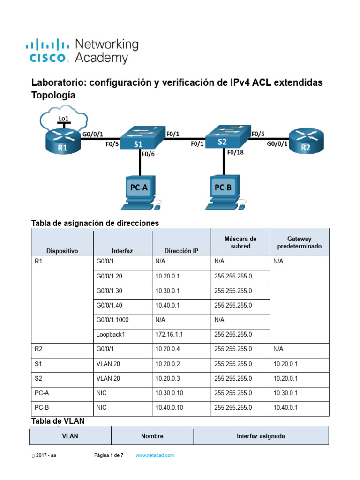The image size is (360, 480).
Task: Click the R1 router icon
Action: point(63,142)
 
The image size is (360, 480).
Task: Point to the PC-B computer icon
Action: point(223,193)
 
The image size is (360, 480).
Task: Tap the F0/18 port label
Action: point(235,152)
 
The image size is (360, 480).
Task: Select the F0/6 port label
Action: point(148,153)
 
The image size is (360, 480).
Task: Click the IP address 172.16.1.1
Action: point(168,335)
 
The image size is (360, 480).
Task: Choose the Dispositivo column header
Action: point(62,251)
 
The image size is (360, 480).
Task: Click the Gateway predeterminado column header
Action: point(299,242)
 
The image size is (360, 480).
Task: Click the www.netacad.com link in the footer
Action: point(155,455)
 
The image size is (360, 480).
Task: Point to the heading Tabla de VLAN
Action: point(58,421)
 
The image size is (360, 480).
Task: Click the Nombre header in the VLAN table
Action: point(152,436)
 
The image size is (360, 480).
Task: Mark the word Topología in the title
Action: point(53,95)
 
